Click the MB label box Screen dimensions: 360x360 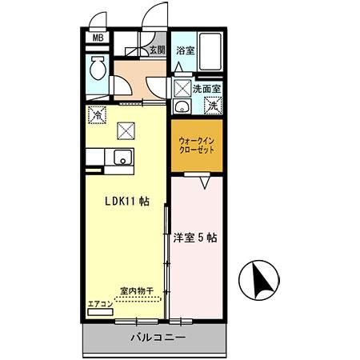click(x=98, y=38)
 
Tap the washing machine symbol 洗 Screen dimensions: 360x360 click(x=213, y=104)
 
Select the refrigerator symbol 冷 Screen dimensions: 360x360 click(x=97, y=114)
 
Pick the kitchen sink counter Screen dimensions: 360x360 click(x=125, y=158)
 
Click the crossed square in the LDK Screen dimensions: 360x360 click(x=126, y=130)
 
